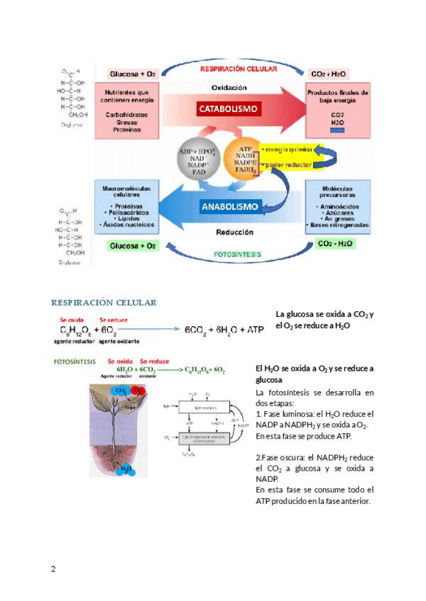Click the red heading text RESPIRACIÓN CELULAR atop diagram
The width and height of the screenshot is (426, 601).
(x=234, y=70)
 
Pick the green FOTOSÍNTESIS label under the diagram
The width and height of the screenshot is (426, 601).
(x=237, y=254)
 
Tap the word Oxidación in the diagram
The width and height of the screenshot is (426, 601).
(x=229, y=88)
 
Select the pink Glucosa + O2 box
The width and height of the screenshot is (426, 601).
(x=132, y=74)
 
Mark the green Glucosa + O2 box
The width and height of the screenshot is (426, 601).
(x=132, y=245)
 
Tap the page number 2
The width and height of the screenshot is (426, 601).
(x=53, y=569)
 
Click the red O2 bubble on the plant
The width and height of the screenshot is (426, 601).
(x=137, y=391)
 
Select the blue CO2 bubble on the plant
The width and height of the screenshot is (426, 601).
(x=120, y=391)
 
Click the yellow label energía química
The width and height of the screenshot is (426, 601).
(x=287, y=150)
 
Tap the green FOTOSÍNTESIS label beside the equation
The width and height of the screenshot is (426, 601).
(x=75, y=361)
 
